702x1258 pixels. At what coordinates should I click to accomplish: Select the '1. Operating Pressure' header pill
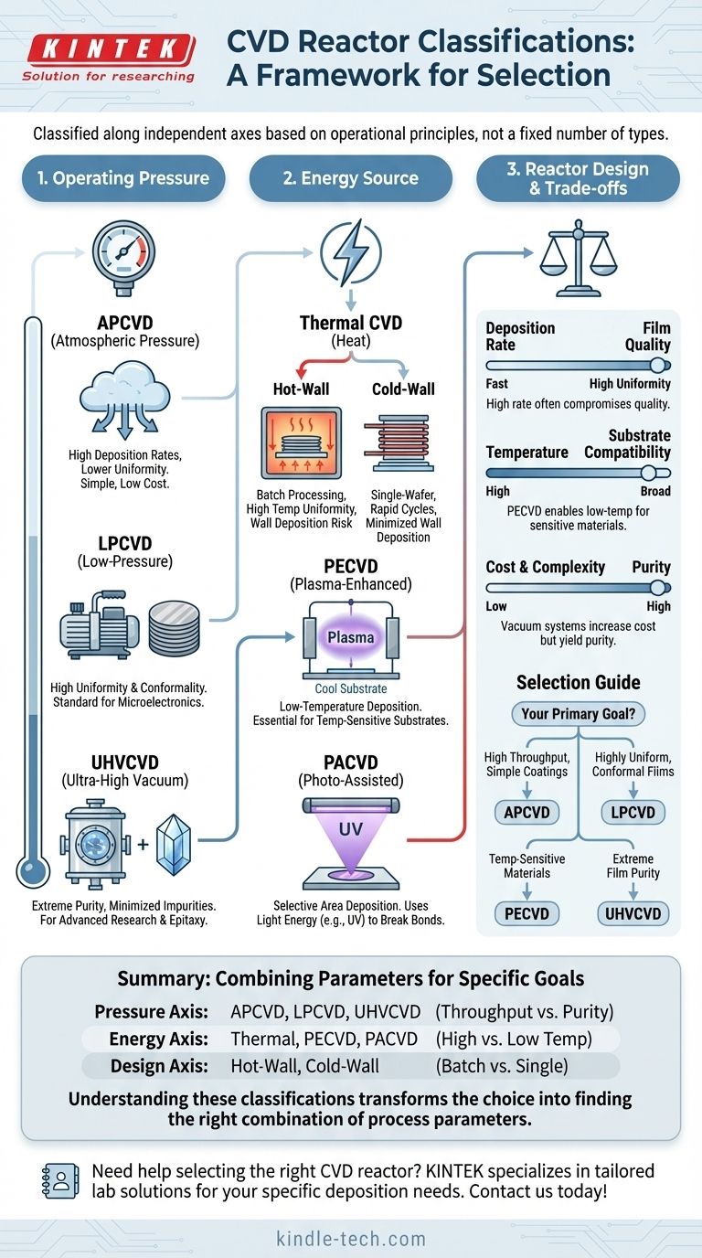(124, 178)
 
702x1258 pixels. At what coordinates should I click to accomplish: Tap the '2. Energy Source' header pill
(351, 178)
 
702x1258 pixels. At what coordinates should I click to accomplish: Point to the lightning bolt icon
(351, 251)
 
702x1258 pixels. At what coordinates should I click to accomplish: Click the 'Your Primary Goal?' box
(577, 715)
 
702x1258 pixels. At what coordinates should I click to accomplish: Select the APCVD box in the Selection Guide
(526, 811)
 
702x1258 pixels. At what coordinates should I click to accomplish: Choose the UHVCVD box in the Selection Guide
(632, 912)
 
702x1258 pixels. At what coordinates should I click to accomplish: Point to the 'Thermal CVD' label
(351, 322)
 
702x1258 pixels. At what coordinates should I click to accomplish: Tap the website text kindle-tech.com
(351, 1239)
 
